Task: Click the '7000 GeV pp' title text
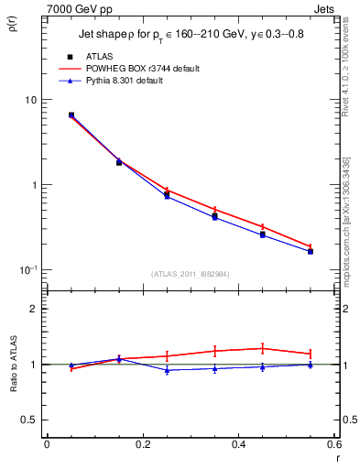click(x=80, y=9)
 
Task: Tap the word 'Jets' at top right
click(x=323, y=9)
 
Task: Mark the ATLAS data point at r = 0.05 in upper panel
click(x=71, y=115)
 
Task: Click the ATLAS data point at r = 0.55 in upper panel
click(x=311, y=251)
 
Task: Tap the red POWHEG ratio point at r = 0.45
click(x=263, y=348)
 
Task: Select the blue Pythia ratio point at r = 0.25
click(x=167, y=370)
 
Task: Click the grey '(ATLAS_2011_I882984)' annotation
click(x=191, y=275)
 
